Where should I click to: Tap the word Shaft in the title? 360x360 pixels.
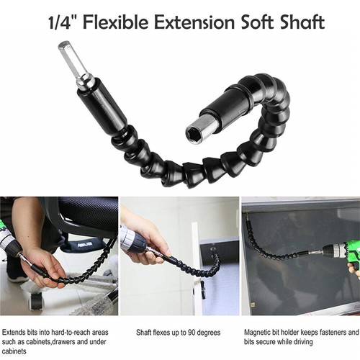[302, 22]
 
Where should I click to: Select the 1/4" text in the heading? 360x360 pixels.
[63, 22]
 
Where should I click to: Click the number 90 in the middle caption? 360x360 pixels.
[192, 333]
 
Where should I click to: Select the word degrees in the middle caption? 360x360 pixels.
[208, 333]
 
